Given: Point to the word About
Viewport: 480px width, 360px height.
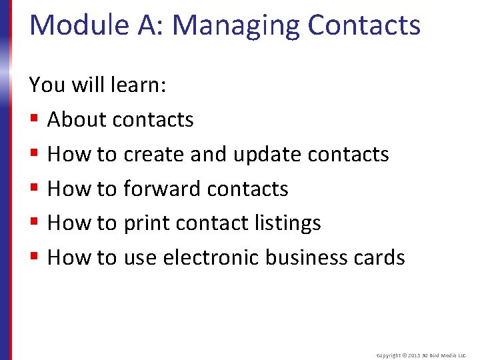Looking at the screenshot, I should (x=76, y=120).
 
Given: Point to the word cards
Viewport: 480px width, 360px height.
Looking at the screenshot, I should (x=380, y=258).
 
